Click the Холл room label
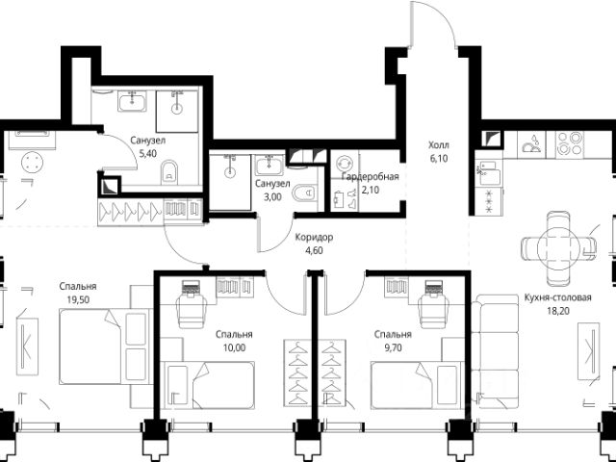(439, 145)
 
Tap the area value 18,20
(558, 311)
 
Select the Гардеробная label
(370, 177)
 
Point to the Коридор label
(314, 238)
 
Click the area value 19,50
(78, 300)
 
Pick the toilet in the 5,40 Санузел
(169, 172)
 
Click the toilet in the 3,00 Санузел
(305, 192)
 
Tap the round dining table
(558, 248)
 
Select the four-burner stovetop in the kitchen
(570, 143)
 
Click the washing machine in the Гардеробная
(345, 163)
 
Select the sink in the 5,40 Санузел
(132, 100)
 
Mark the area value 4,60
(314, 250)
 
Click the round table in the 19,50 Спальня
(32, 163)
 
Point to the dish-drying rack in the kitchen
(531, 144)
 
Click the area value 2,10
(371, 191)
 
